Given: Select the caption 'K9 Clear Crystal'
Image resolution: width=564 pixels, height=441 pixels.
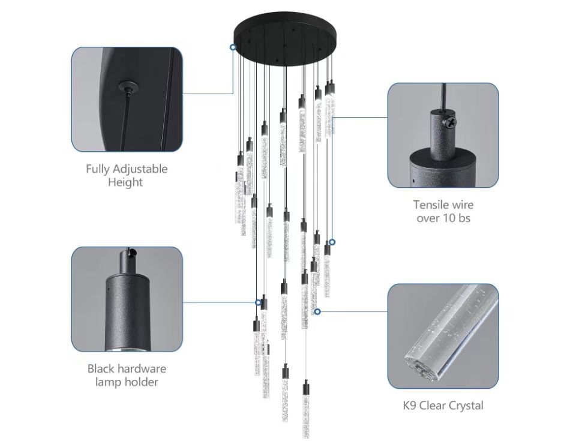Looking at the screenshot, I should [442, 406].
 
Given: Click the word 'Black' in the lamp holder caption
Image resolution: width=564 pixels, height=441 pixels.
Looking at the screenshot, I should [101, 368].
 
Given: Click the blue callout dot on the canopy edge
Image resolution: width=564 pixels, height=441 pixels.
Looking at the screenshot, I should [233, 46].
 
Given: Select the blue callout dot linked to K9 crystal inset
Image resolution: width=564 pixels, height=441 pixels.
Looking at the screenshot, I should [317, 311].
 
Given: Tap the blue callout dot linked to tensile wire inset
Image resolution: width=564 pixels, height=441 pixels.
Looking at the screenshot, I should [332, 242].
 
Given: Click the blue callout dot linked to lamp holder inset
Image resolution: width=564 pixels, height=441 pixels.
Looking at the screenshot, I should [259, 302].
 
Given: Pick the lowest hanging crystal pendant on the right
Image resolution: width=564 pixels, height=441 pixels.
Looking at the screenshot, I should [306, 396].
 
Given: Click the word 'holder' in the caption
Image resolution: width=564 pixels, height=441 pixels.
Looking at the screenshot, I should [141, 382].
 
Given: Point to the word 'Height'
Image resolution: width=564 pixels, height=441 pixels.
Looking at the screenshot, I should [125, 182].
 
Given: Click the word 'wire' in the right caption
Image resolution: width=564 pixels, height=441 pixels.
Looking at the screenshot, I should [461, 205].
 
